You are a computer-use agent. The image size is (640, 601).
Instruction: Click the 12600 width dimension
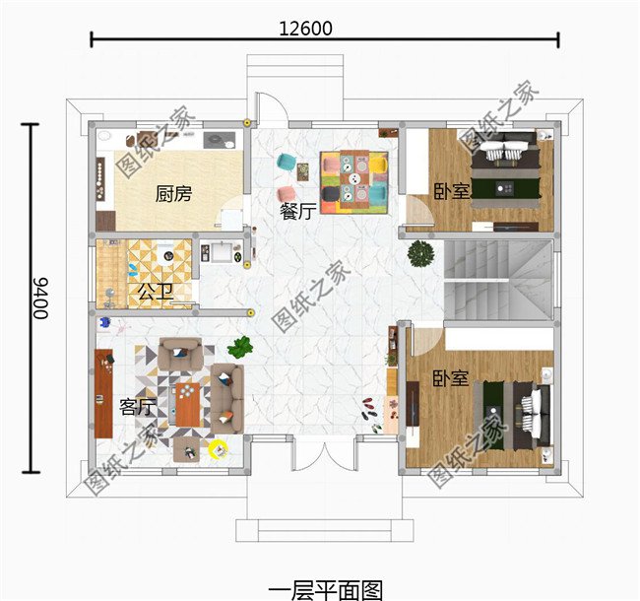[305, 29]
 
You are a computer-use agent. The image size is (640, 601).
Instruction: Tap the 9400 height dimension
[40, 299]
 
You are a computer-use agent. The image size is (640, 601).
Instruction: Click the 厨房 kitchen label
[173, 193]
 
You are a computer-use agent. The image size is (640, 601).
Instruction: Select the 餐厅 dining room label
[298, 211]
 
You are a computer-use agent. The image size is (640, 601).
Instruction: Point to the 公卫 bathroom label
[156, 292]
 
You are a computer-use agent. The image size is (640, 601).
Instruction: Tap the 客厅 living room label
[138, 407]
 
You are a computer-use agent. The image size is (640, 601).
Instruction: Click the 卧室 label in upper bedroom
[451, 191]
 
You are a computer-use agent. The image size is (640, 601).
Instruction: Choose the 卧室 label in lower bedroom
[451, 378]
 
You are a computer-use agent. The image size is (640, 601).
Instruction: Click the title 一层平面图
[326, 590]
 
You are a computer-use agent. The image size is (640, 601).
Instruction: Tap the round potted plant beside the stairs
[420, 253]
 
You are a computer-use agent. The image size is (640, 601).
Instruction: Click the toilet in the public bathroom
[165, 253]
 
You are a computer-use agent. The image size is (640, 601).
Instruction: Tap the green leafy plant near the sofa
[240, 348]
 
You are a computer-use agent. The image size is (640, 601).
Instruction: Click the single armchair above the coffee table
[180, 353]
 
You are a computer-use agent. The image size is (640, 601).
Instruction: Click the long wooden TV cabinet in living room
[103, 393]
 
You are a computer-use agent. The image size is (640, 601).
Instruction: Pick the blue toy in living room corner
[105, 322]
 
